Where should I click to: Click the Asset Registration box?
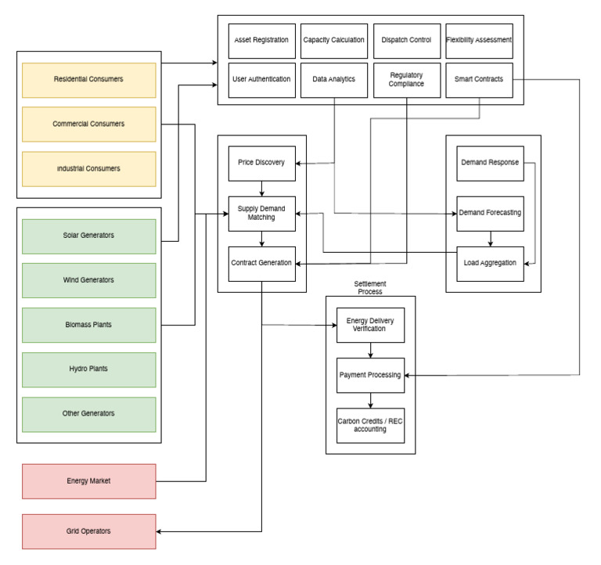coord(262,41)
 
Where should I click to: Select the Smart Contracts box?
coord(479,80)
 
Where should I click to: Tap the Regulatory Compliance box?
coord(407,80)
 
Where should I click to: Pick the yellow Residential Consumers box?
coord(88,80)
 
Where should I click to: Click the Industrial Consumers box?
coord(88,169)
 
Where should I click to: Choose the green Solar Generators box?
coord(88,236)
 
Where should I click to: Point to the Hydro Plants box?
coord(88,369)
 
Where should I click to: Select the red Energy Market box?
coord(88,481)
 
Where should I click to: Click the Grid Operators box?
coord(88,531)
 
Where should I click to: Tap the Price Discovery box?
coord(261,163)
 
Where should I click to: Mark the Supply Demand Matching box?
coord(261,214)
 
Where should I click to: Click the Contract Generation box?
coord(261,263)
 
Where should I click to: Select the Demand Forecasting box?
coord(490,213)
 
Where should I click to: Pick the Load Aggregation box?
coord(490,263)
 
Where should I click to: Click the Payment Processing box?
coord(370,375)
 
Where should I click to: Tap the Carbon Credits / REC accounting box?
coord(370,425)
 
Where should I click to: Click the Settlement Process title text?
coord(370,286)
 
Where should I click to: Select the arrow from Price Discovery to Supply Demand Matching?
coord(261,188)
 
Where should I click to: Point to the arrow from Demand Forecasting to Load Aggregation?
coord(490,238)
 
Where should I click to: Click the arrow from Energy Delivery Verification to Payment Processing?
coord(370,350)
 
